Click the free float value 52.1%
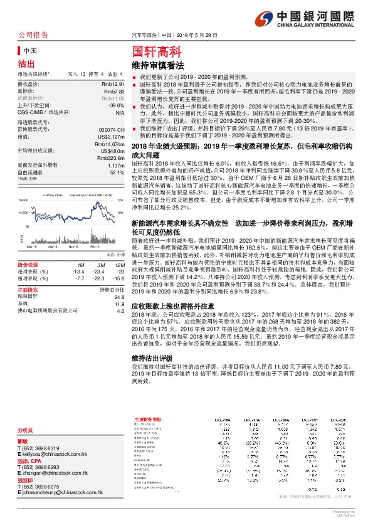pyautogui.click(x=117, y=171)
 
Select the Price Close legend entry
pyautogui.click(x=55, y=196)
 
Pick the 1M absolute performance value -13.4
pyautogui.click(x=78, y=270)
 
